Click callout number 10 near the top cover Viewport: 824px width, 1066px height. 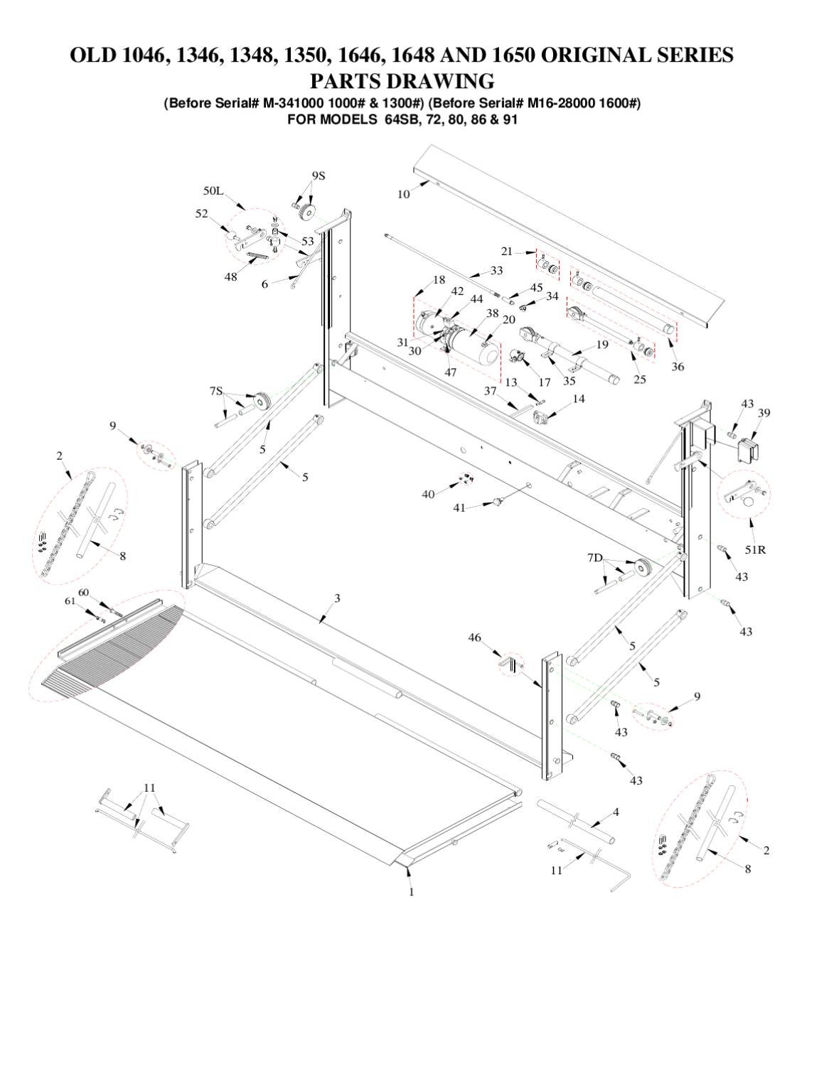[x=403, y=194]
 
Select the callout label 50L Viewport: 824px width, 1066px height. [x=213, y=191]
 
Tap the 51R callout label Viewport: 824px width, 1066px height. [x=755, y=549]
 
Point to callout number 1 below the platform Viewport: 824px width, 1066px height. [x=411, y=891]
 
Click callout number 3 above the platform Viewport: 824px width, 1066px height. [x=337, y=598]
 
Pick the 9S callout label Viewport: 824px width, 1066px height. [x=318, y=176]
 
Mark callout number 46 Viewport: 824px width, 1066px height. [x=475, y=637]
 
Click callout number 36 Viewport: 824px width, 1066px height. [x=678, y=367]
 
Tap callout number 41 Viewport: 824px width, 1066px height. [x=460, y=507]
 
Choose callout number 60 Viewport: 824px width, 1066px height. [x=83, y=592]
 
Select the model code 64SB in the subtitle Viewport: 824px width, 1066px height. [x=402, y=119]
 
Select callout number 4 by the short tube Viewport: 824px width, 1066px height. [x=616, y=812]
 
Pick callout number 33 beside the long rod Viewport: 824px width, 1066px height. [x=496, y=271]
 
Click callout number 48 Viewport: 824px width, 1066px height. [x=231, y=276]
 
